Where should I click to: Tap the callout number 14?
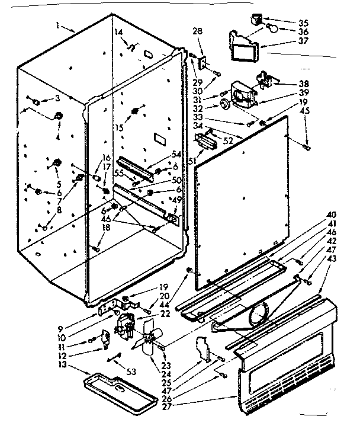[x=117, y=31]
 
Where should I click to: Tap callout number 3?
[x=58, y=98]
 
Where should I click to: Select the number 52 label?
[x=229, y=140]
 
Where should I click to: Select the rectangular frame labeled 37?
[x=243, y=46]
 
